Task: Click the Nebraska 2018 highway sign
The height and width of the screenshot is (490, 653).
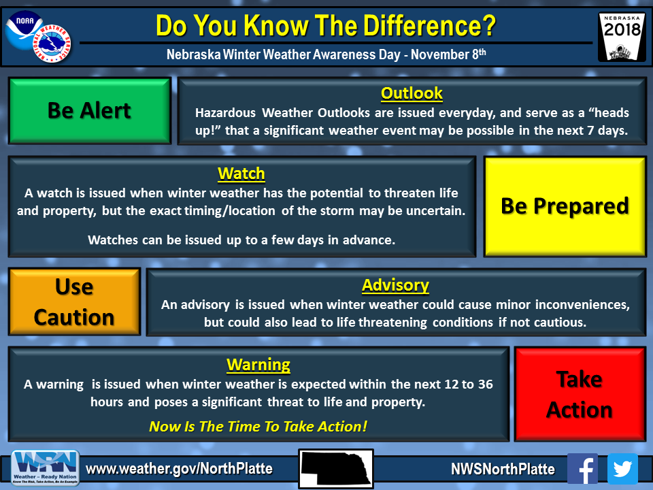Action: coord(622,37)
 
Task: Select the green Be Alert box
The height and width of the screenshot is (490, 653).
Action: coord(90,110)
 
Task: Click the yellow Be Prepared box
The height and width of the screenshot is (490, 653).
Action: coord(565,206)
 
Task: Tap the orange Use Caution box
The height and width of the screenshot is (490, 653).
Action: coord(75,301)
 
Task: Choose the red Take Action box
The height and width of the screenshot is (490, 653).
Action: coord(580,394)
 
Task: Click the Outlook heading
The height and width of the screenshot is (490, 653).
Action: coord(412,93)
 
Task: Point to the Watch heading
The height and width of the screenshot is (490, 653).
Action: coord(241,174)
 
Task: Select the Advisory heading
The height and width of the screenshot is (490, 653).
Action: coord(395,285)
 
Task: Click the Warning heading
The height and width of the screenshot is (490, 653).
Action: coord(258,365)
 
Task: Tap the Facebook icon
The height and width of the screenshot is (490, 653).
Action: coord(583,468)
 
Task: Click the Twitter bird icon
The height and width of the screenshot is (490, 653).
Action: coord(622,468)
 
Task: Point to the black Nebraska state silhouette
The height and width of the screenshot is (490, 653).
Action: coord(336,468)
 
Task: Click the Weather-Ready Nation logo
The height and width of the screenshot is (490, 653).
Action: coord(45,468)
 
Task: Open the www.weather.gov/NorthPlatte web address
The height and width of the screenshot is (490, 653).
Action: coord(179,469)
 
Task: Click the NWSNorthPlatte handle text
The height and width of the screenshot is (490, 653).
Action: coord(503,469)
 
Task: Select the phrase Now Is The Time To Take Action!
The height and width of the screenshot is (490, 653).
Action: coord(258,426)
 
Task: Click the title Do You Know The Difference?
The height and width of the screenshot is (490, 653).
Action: coord(326,25)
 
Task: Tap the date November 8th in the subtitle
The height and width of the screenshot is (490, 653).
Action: coord(448,54)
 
